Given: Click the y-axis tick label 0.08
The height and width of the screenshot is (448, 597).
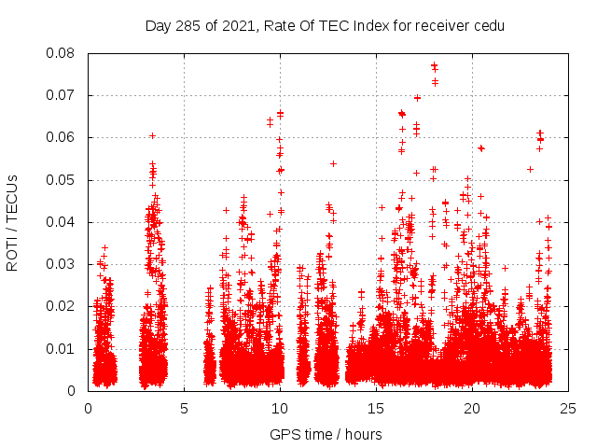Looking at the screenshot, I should (x=62, y=53).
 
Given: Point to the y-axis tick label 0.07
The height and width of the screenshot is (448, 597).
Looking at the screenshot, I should (x=62, y=95).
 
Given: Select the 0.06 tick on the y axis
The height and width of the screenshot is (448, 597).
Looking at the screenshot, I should (x=62, y=137).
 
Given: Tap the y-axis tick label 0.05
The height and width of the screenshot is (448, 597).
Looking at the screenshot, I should (x=62, y=179).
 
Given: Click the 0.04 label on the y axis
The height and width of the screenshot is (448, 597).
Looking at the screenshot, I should (x=62, y=222).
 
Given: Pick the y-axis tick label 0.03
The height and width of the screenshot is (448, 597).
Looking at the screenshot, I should (x=62, y=264).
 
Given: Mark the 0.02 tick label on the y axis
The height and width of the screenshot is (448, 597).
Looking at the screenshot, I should (x=62, y=306).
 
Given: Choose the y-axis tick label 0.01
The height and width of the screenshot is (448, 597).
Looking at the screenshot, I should (x=62, y=348).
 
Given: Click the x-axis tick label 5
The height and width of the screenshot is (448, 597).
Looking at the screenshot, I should (x=184, y=408).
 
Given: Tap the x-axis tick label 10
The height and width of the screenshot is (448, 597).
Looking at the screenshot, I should (x=280, y=408).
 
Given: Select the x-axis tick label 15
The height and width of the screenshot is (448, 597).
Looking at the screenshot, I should (x=376, y=408).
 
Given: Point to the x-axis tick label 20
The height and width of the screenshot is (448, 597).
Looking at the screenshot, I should (x=472, y=408).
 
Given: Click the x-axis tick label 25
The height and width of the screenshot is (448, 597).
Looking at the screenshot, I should (x=568, y=408).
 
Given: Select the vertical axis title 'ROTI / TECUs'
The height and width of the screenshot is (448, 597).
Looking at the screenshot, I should (x=12, y=222).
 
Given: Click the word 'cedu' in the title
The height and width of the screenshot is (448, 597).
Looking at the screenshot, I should (x=488, y=25).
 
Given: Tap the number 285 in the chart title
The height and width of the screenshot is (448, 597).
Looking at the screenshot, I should (x=192, y=25).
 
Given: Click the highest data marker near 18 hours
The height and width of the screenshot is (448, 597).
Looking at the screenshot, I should (x=434, y=65).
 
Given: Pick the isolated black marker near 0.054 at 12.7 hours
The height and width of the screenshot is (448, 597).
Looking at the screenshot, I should (x=333, y=163).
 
